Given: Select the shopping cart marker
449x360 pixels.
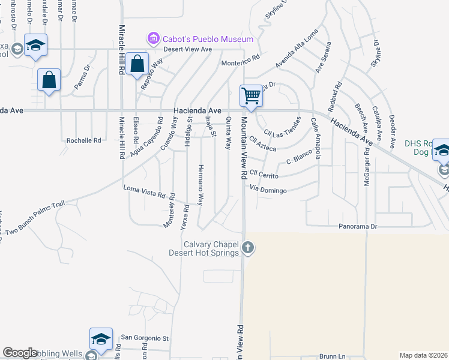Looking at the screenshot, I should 251,95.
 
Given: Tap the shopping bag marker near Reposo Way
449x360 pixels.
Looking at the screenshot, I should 137,64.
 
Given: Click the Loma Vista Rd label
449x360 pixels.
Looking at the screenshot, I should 144,192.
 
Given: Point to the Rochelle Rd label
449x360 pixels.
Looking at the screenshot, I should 83,140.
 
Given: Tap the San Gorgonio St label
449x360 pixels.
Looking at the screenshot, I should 146,338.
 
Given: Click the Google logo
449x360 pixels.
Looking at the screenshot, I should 20,353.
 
